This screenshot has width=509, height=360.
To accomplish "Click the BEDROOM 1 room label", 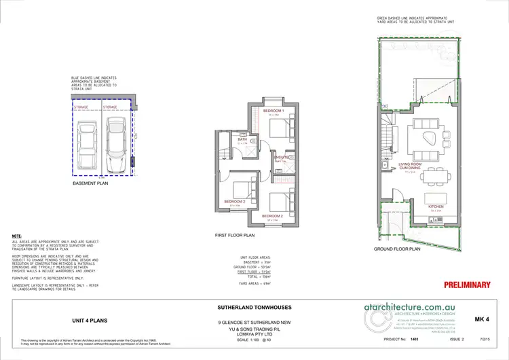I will click(273, 111).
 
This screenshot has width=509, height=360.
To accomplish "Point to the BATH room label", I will click(242, 139).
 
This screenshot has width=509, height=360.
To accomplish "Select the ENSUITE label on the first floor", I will click(281, 157).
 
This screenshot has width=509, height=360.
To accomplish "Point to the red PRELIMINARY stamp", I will click(467, 285).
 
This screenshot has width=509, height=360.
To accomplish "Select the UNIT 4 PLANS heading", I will click(90, 319).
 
